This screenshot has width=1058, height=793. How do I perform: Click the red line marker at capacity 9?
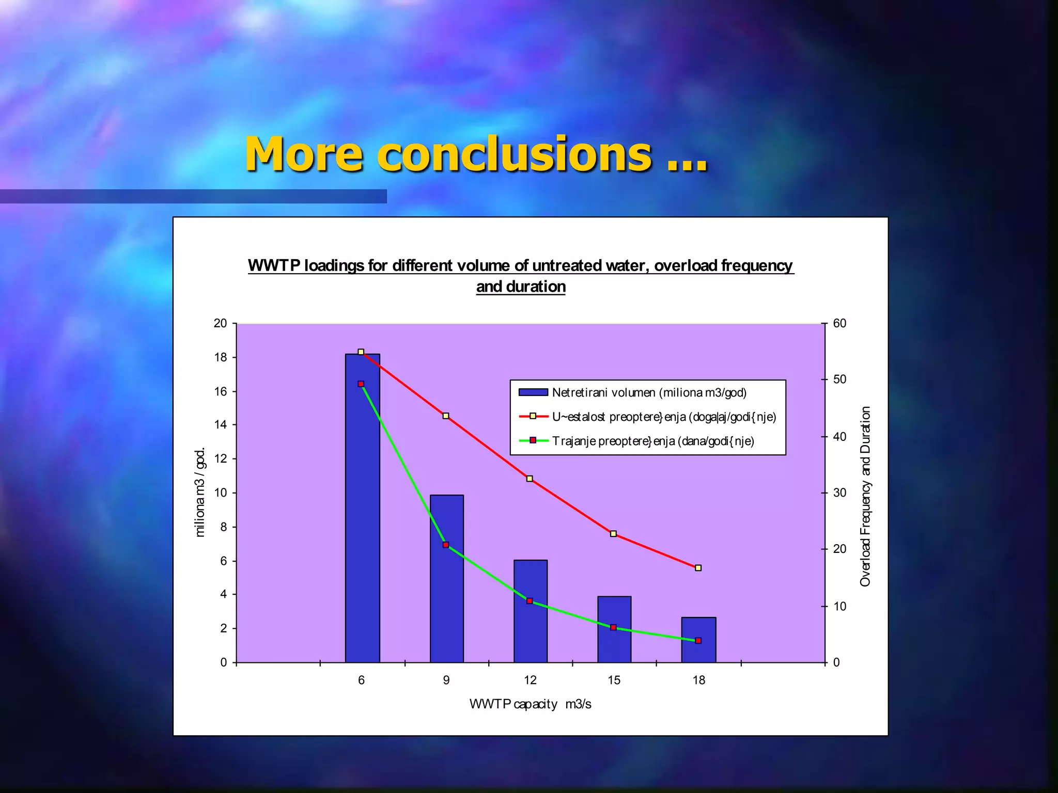(446, 416)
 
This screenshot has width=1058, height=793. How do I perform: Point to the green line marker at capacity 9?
(446, 545)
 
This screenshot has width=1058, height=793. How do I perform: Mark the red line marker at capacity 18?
(698, 568)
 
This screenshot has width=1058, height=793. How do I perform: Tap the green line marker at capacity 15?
(613, 627)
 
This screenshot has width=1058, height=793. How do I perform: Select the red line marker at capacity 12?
(530, 479)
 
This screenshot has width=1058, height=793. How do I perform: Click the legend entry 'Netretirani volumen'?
(648, 392)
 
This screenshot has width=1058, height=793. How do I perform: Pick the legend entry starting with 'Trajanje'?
(652, 441)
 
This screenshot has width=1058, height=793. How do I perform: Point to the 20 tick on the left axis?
(221, 323)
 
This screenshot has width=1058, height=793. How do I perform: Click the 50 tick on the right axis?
(839, 379)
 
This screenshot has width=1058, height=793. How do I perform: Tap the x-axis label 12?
(530, 680)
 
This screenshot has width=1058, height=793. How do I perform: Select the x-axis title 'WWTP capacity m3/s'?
(530, 704)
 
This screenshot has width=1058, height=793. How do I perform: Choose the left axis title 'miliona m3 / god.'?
(200, 492)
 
